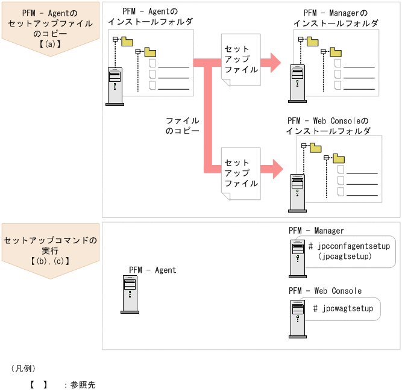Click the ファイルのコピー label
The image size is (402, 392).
[182, 125]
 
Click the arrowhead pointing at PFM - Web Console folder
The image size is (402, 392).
[276, 168]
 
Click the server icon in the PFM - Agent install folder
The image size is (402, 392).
[115, 86]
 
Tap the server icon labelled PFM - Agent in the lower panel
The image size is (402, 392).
[130, 294]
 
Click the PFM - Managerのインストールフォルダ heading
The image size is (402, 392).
[336, 18]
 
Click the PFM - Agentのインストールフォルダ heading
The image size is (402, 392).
[151, 17]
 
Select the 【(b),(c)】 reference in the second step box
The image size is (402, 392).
[50, 261]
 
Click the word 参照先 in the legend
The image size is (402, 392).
[83, 384]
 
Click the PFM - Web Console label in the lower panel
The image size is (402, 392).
[325, 291]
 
